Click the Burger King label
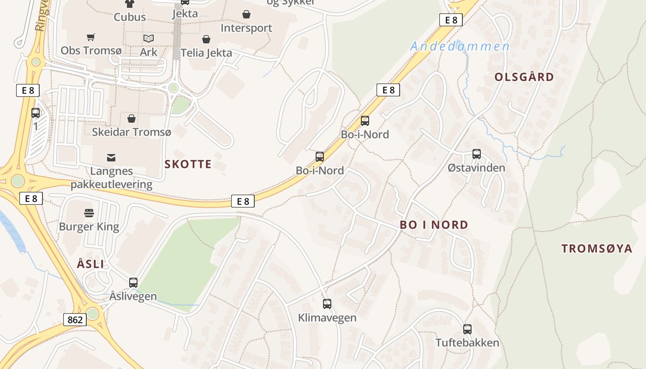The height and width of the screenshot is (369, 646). (x=89, y=226)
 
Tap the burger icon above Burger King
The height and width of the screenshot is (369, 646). (x=89, y=213)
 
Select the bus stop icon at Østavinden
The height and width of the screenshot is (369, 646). (x=477, y=154)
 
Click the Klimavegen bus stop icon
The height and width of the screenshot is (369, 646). (x=327, y=304)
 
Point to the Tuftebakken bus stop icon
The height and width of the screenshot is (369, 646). (x=467, y=329)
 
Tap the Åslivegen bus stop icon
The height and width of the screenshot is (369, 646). (x=133, y=283)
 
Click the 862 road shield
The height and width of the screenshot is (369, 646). (x=75, y=320)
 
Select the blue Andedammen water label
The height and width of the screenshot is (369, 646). (x=460, y=46)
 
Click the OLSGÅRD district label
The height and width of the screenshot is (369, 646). (x=524, y=77)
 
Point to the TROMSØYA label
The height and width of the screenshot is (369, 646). (x=597, y=249)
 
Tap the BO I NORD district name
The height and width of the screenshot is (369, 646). (x=434, y=225)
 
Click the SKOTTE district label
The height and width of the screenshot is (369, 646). (x=188, y=164)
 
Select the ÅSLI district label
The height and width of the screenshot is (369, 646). (x=90, y=264)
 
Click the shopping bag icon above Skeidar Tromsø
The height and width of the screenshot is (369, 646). (x=132, y=119)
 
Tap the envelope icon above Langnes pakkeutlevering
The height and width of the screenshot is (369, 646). (x=111, y=158)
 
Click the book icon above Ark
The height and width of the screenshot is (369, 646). (x=148, y=38)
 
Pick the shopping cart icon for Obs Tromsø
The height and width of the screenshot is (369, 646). (x=91, y=37)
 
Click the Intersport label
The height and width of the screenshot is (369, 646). (x=246, y=28)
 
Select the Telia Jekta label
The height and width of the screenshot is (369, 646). (x=206, y=53)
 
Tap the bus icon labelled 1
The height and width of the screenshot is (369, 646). (x=36, y=113)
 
